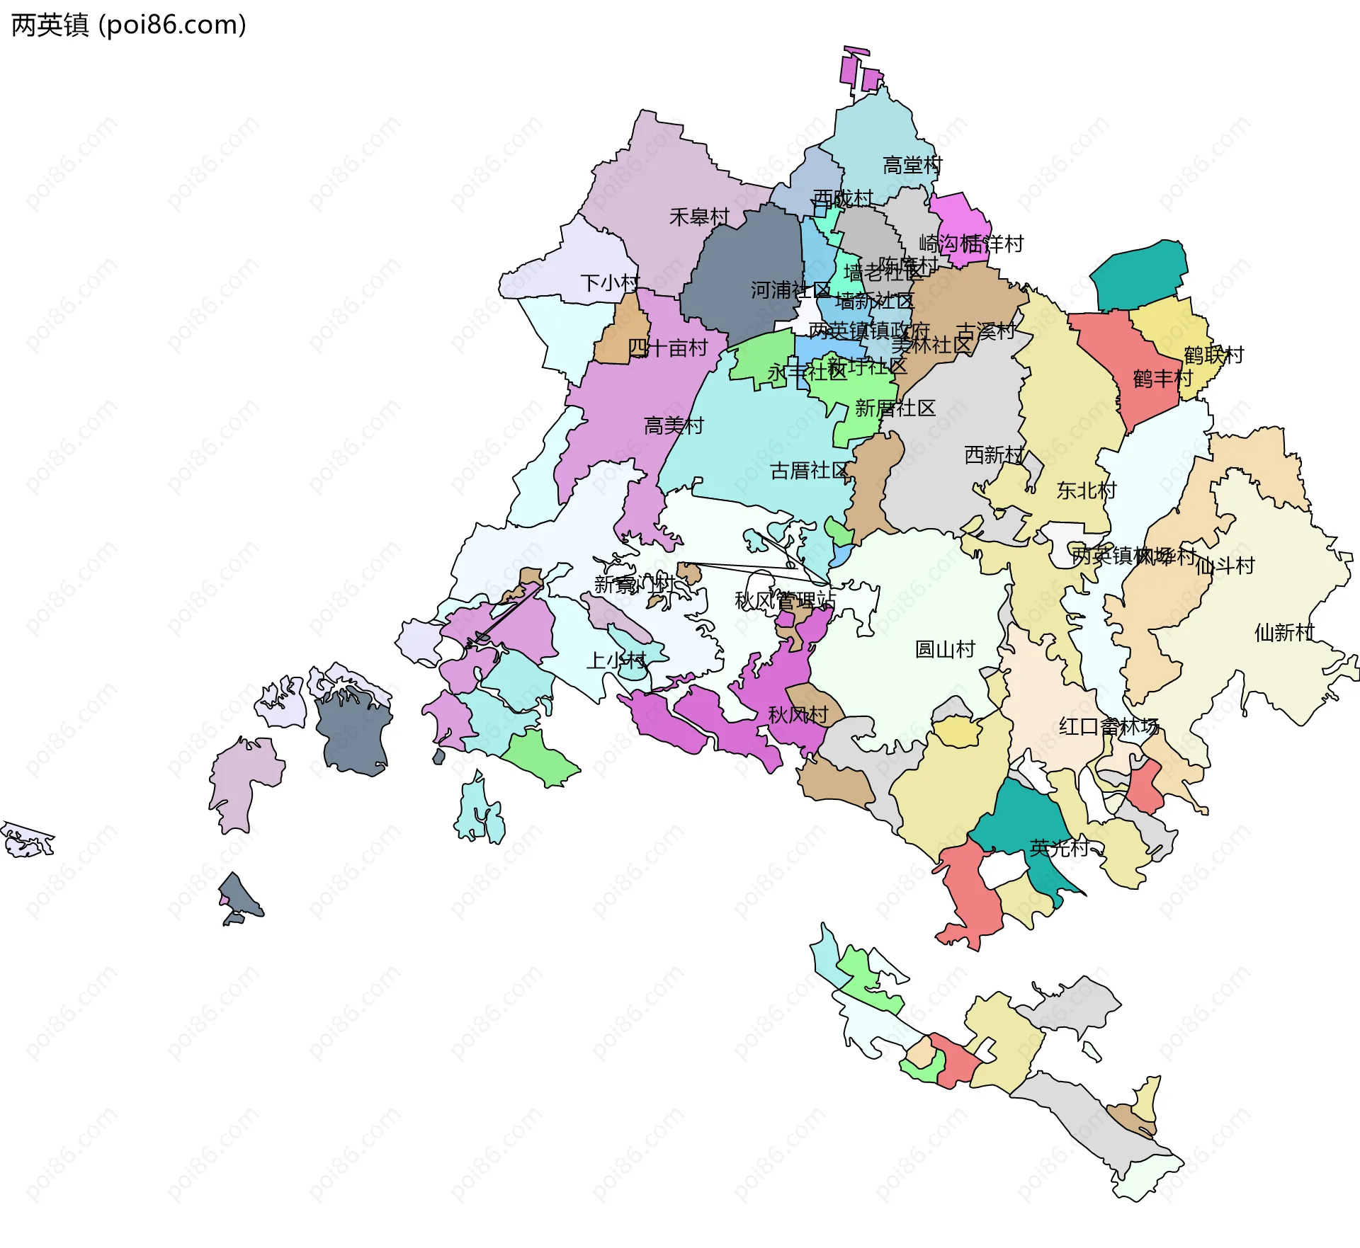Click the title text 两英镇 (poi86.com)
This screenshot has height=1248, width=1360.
(x=128, y=25)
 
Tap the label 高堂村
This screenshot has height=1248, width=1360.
(x=912, y=166)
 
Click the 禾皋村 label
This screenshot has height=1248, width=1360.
(x=699, y=217)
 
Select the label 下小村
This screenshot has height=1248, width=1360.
(x=609, y=283)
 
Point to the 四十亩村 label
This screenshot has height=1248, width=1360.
(x=668, y=348)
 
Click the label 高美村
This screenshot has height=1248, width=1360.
(x=674, y=425)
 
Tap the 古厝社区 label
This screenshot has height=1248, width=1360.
(x=809, y=470)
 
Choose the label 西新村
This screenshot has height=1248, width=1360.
(x=994, y=454)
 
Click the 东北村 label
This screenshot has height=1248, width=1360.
(x=1086, y=490)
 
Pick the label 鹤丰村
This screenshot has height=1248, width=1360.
(x=1162, y=379)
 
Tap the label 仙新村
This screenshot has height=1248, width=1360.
(x=1284, y=632)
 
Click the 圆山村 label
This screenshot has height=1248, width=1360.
(x=945, y=649)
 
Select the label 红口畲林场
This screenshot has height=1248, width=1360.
(x=1109, y=726)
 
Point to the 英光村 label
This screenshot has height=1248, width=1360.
(x=1059, y=848)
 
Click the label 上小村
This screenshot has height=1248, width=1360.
(x=616, y=660)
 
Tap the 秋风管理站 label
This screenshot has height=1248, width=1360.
(x=785, y=601)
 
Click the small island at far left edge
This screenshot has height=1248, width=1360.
(x=27, y=840)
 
